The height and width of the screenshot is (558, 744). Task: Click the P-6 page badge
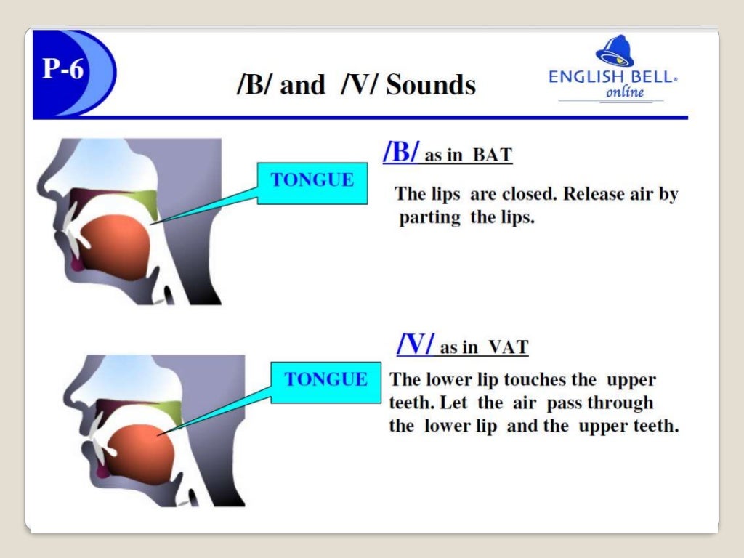tap(63, 70)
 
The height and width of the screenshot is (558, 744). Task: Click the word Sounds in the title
tap(431, 85)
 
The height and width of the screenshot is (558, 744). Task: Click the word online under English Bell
tap(624, 92)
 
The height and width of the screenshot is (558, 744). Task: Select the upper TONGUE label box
tap(312, 180)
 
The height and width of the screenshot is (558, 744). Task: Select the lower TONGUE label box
tap(325, 379)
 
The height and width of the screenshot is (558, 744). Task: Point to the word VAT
tap(507, 347)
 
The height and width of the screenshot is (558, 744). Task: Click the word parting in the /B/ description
tap(429, 218)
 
